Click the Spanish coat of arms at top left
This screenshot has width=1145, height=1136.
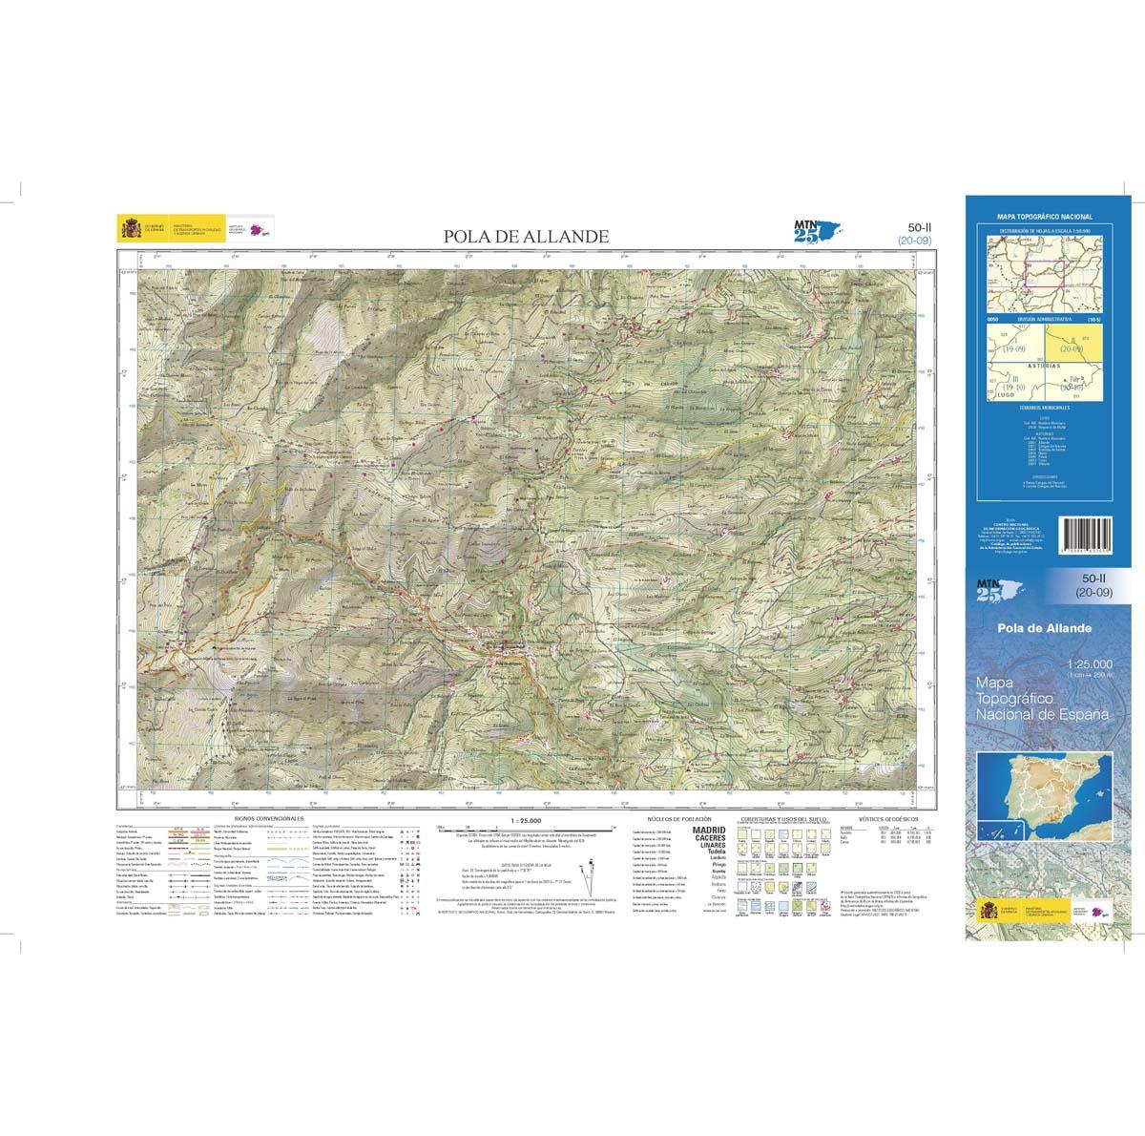tap(128, 229)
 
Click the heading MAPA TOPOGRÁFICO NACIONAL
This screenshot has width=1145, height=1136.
tap(1044, 218)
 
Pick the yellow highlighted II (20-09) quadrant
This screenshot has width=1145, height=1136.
tap(1073, 345)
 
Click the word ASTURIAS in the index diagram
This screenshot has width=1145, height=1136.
tap(1044, 365)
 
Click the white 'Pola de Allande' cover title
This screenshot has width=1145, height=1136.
tap(1045, 628)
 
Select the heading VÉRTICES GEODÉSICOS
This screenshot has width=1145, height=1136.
tap(887, 819)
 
